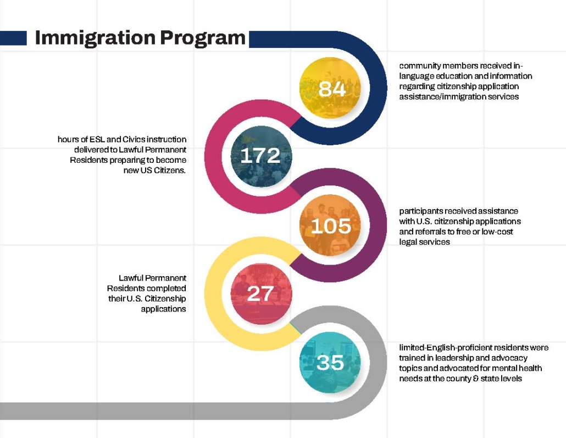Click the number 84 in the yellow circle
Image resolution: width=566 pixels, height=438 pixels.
[x=332, y=89]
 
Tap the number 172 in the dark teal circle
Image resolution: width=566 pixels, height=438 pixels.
[x=260, y=156]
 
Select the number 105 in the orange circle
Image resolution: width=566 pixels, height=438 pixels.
[x=331, y=226]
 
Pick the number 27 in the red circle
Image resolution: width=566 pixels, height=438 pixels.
[x=260, y=294]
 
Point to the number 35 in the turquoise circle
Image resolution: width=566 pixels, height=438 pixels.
[x=330, y=363]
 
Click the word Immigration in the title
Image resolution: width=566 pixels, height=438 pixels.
[x=94, y=38]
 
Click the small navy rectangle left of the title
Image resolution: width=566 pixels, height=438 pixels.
[x=13, y=38]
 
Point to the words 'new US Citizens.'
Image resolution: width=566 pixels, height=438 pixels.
[x=155, y=171]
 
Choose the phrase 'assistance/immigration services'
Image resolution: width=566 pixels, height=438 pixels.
[x=459, y=97]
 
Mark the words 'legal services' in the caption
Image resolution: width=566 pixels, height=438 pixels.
[x=424, y=242]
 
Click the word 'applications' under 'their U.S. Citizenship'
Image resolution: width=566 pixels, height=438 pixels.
[x=163, y=309]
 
